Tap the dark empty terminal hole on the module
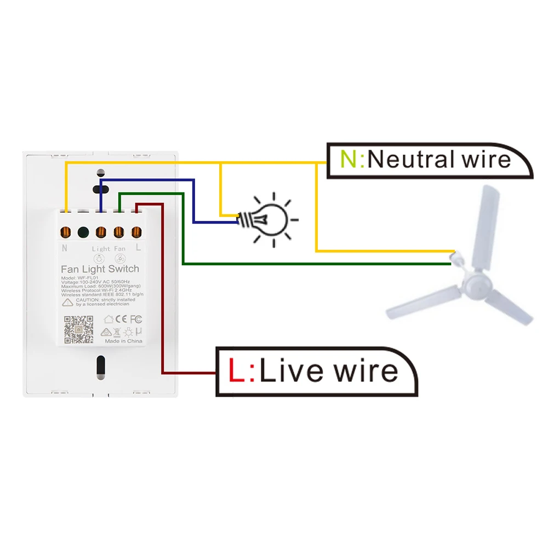click(x=83, y=232)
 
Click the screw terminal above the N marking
click(x=66, y=232)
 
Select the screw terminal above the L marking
click(x=136, y=232)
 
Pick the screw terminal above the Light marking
click(x=101, y=232)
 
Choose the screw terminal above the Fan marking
click(x=118, y=232)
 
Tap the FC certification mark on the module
click(x=136, y=318)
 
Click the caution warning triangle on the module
click(x=67, y=302)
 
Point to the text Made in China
click(x=123, y=341)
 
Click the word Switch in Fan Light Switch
click(x=123, y=269)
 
